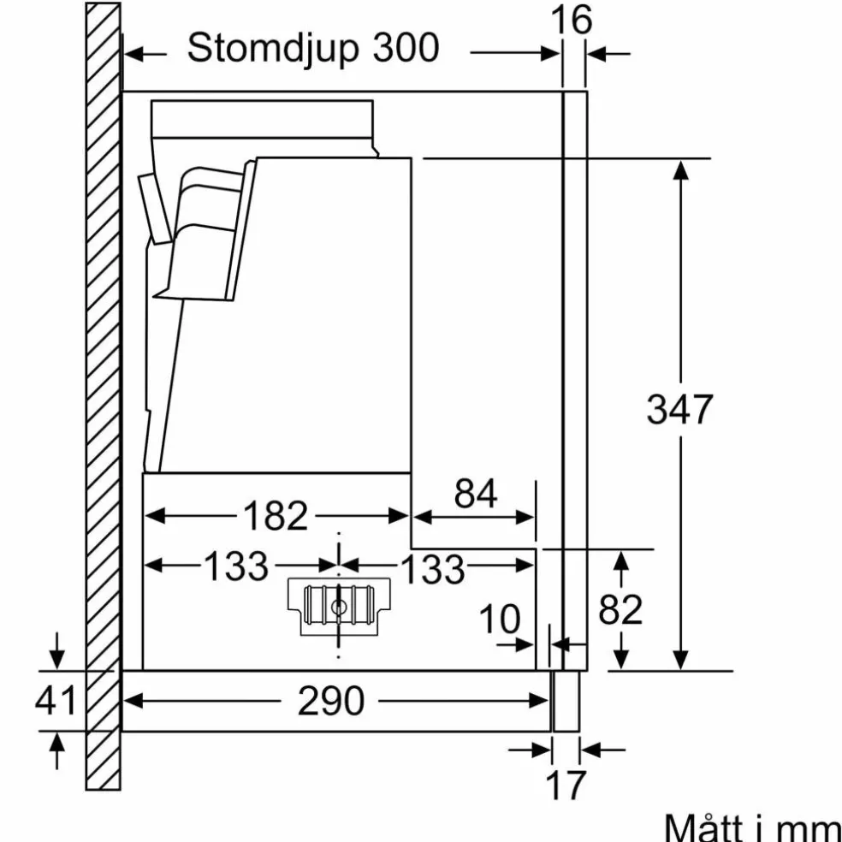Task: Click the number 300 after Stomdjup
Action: (x=406, y=48)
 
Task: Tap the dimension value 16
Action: (x=572, y=20)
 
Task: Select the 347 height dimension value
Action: (x=679, y=410)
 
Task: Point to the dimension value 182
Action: (x=276, y=515)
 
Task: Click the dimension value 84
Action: (x=476, y=494)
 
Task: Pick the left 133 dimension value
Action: (x=235, y=566)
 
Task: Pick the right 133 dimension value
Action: (x=433, y=569)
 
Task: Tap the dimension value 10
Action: (x=500, y=620)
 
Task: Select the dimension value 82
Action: (x=620, y=609)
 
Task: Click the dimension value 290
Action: (x=331, y=701)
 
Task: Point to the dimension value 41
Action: (x=56, y=700)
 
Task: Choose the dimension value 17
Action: (x=566, y=785)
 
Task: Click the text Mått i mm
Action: (x=752, y=827)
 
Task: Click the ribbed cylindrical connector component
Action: (x=339, y=606)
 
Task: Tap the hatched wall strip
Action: (x=103, y=396)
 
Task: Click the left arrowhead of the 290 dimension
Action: (x=133, y=700)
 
